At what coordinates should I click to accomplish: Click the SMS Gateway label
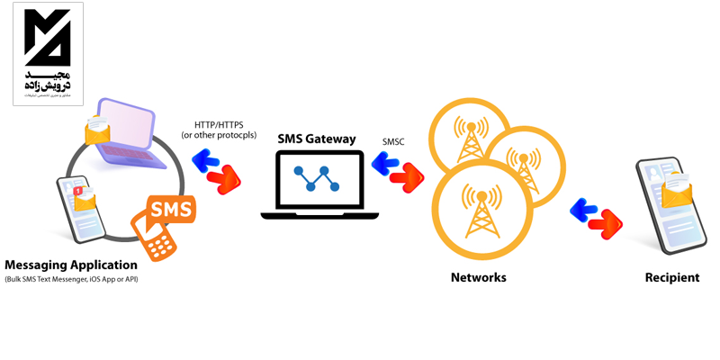point(316,139)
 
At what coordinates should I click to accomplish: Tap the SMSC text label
point(393,141)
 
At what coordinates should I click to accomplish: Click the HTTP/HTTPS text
point(218,124)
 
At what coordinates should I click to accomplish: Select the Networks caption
point(478,277)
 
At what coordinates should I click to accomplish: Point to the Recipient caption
point(671,277)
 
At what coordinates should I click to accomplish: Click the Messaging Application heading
point(71,265)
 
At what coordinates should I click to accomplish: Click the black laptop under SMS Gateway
point(319,184)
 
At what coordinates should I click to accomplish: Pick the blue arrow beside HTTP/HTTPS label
point(207,161)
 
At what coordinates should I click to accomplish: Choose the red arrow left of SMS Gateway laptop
point(225,177)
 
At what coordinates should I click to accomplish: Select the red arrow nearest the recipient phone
point(609,223)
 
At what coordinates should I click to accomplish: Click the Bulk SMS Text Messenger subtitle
point(71,280)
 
